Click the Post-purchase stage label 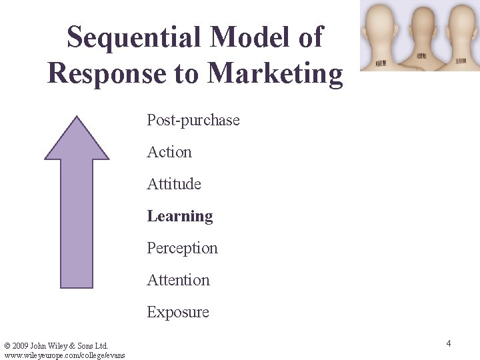[x=193, y=120]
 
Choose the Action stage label [x=169, y=152]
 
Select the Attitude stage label [x=174, y=184]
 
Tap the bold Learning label [x=180, y=216]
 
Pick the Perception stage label [x=182, y=248]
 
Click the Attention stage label [x=179, y=280]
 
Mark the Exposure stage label [x=178, y=312]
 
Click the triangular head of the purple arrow [x=77, y=140]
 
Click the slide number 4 [x=449, y=343]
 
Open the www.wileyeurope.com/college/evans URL [x=64, y=355]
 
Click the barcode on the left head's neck [x=381, y=63]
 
